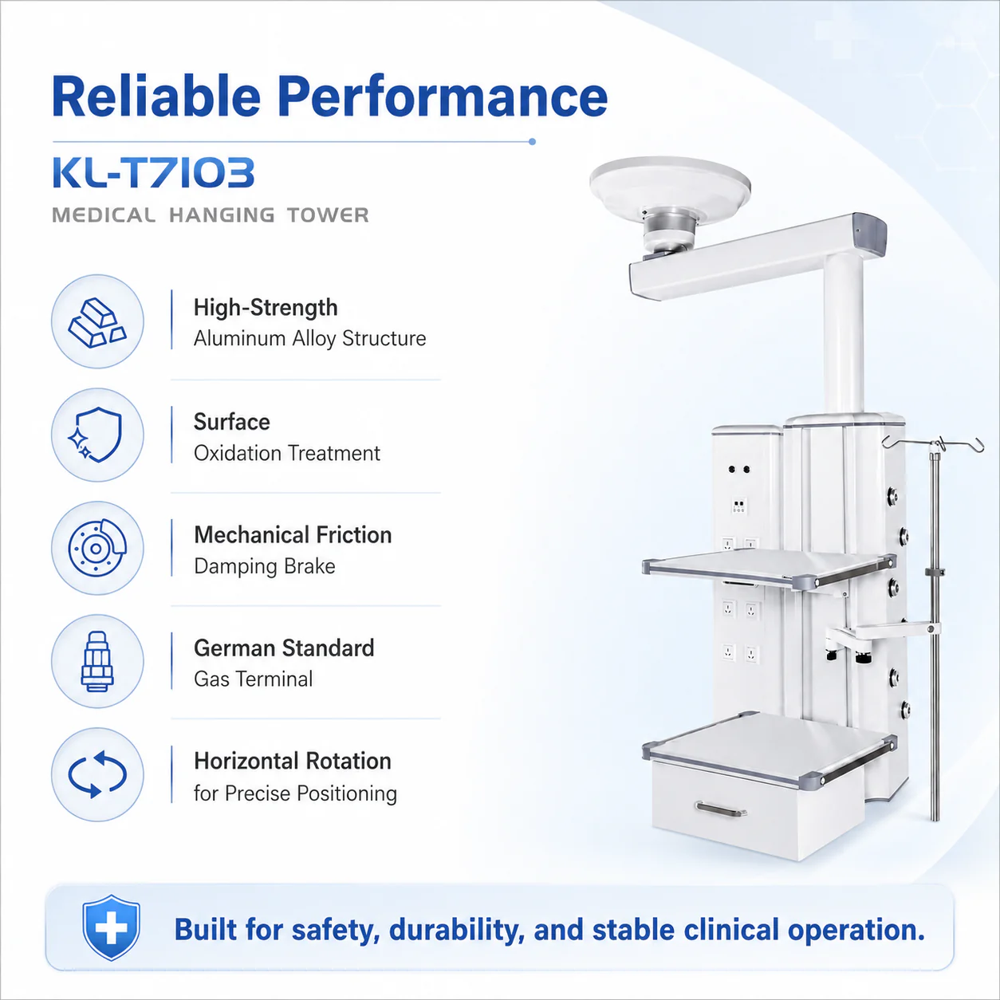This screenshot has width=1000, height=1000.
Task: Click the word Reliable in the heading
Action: tap(156, 96)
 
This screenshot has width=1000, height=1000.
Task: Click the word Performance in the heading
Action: tap(443, 97)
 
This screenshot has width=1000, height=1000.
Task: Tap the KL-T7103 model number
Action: tap(154, 172)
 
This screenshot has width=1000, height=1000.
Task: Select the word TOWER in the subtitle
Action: tap(328, 215)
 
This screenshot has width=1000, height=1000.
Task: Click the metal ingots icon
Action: tap(97, 321)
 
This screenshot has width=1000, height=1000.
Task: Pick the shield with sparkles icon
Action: tap(95, 435)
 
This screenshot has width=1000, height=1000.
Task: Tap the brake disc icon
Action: tap(97, 548)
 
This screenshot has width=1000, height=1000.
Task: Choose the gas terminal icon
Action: tap(97, 661)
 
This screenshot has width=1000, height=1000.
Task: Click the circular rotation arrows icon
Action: tap(97, 774)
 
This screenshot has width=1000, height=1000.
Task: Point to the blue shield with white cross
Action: tap(111, 927)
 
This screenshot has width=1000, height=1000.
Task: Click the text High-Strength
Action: tap(266, 308)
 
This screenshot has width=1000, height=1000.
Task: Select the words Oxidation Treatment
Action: tap(287, 453)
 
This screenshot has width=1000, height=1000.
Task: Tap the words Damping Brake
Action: tap(265, 566)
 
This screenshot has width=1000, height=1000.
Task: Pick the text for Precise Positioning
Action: tap(295, 793)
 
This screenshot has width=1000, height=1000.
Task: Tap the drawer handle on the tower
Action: tap(722, 809)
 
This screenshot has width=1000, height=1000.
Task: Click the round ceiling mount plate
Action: tap(670, 183)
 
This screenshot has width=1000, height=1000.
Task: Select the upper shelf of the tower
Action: tap(769, 569)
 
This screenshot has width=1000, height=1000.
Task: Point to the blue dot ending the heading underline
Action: tap(532, 142)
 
